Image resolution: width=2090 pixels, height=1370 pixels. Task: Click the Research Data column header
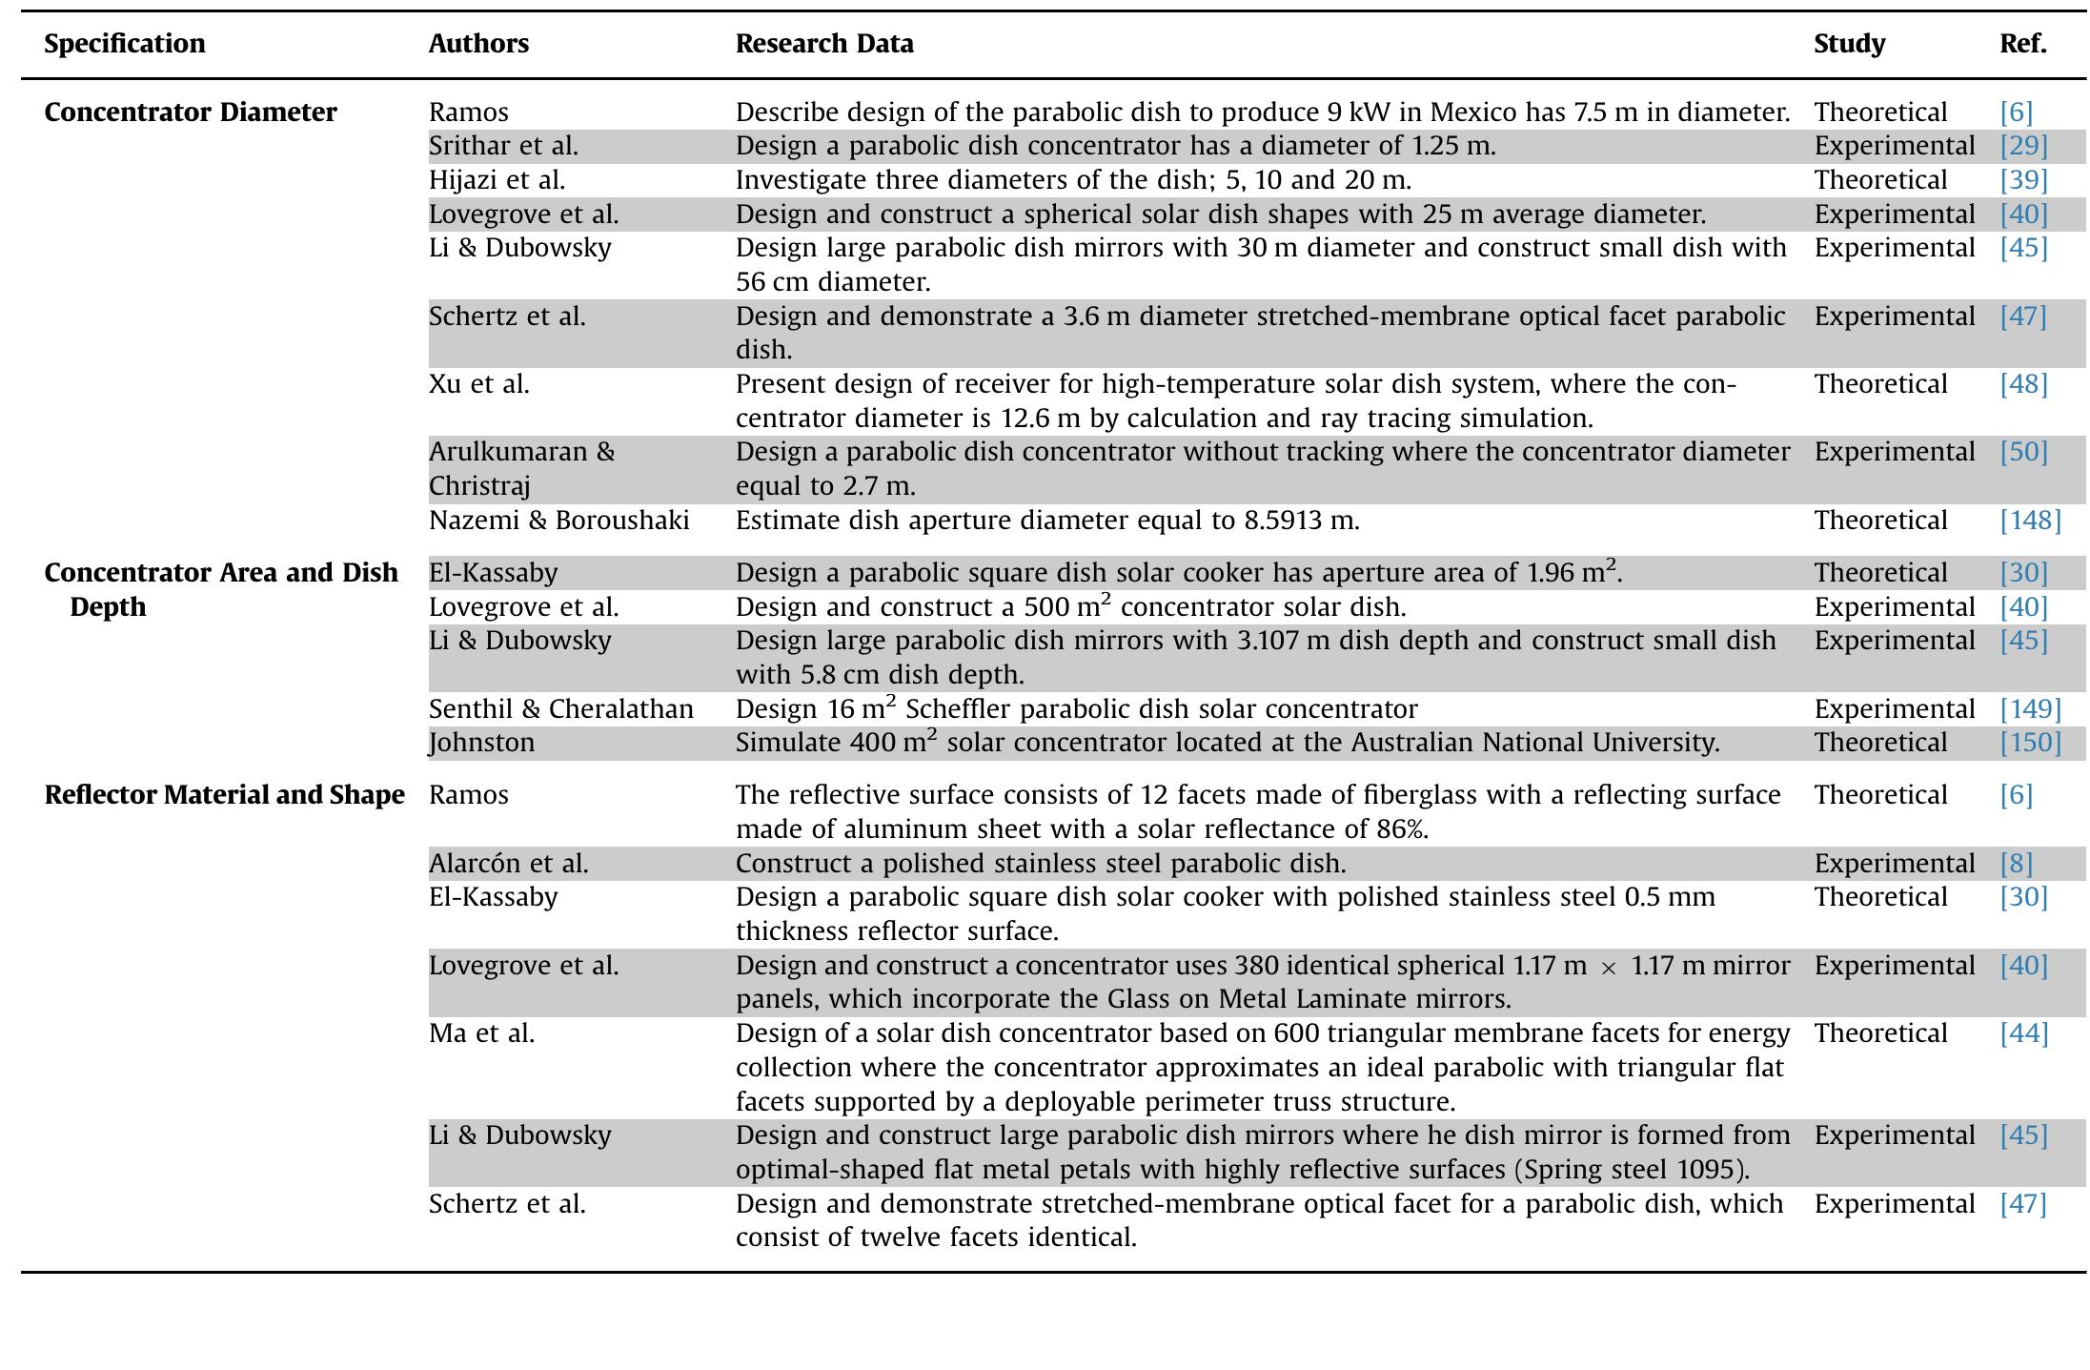tap(823, 44)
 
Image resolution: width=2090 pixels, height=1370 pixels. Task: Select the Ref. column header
tap(2022, 44)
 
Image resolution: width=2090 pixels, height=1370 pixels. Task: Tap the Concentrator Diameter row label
tap(191, 112)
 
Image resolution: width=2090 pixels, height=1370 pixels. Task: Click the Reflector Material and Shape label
tap(224, 795)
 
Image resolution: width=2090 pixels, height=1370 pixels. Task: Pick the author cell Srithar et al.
tap(503, 146)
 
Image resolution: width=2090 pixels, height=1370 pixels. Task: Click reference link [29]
tap(2023, 146)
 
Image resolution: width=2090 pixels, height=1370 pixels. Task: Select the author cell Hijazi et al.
tap(497, 180)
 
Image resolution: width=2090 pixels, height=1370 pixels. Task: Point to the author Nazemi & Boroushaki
tap(558, 521)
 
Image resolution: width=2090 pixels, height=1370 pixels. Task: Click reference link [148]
tap(2030, 521)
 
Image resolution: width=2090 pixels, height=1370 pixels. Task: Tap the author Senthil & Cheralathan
tap(560, 709)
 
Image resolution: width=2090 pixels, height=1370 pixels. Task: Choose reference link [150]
tap(2030, 743)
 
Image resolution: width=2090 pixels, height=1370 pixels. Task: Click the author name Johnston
tap(481, 743)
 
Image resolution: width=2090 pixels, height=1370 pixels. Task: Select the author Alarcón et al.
tap(508, 864)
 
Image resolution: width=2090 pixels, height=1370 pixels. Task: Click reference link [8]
tap(2016, 864)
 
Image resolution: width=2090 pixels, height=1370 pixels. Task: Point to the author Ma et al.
tap(481, 1033)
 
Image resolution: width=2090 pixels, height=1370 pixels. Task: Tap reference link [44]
tap(2023, 1033)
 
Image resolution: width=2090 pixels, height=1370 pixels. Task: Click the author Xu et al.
tap(478, 384)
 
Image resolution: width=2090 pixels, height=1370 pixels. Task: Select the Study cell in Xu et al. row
tap(1879, 384)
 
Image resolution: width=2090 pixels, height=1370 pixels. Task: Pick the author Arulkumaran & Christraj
tap(521, 468)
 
